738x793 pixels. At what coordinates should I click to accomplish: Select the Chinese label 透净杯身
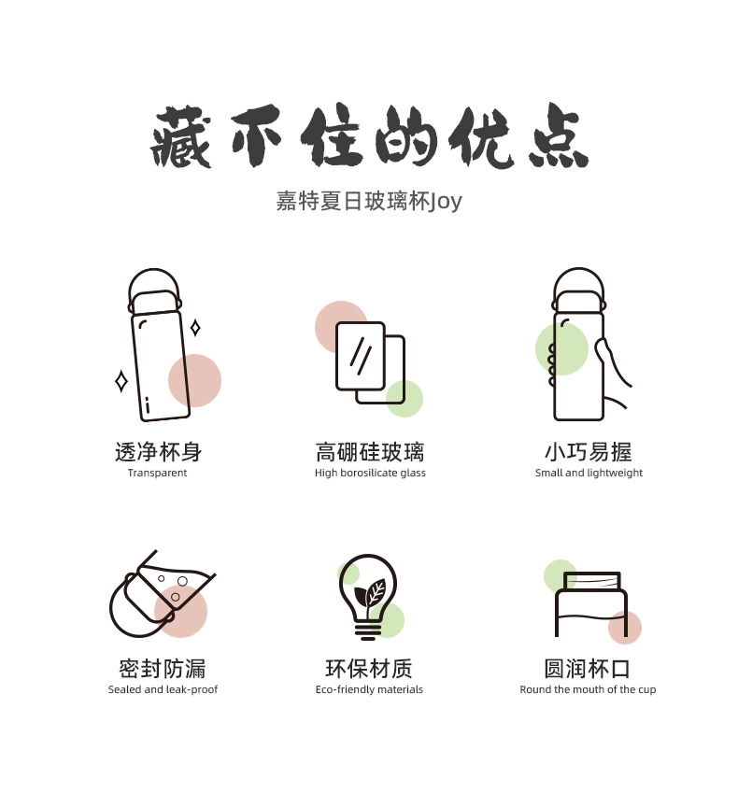point(158,453)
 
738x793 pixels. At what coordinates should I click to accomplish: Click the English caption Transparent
point(157,474)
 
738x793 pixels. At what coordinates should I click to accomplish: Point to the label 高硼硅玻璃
point(370,453)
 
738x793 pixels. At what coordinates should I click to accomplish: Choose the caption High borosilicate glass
point(370,474)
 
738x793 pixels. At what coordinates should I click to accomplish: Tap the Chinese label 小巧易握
point(589,453)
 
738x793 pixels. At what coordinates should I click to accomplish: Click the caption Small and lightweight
point(589,474)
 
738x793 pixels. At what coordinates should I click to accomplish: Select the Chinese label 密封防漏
point(163,669)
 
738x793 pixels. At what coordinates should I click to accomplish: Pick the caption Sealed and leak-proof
point(163,690)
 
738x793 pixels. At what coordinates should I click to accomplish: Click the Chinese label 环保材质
point(369,669)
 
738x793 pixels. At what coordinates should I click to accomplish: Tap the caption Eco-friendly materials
point(369,690)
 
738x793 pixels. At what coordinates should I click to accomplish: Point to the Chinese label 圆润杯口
point(588,669)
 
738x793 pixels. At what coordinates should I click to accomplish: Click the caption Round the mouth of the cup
point(588,690)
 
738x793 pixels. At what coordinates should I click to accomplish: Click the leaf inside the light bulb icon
point(375,591)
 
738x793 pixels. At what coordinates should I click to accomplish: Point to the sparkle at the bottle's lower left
point(121,381)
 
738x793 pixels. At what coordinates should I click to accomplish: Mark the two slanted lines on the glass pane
point(361,353)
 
